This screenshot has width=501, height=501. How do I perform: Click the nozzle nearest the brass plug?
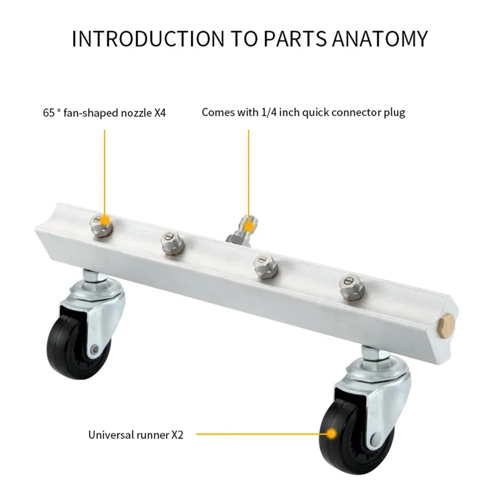(351, 287)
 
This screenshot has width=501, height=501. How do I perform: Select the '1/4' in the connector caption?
(268, 112)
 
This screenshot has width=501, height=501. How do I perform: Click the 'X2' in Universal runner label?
(177, 435)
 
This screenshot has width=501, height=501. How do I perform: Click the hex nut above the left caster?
(93, 277)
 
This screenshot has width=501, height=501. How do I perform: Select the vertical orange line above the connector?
(248, 170)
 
